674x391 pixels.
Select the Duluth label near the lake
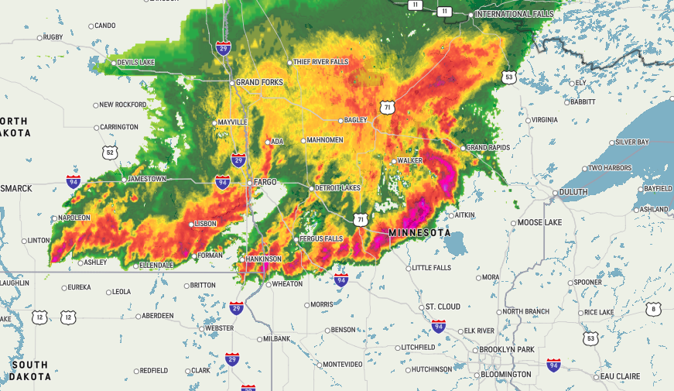[x=573, y=192]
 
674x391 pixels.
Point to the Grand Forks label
[x=259, y=83]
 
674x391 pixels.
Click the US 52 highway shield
[x=111, y=153]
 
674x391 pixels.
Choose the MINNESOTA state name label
[x=419, y=233]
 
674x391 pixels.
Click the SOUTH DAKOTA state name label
[x=29, y=371]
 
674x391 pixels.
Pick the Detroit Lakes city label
[x=338, y=189]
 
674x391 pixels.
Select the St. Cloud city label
[x=443, y=307]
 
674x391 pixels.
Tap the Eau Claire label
[x=620, y=377]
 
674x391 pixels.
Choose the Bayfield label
[x=657, y=189]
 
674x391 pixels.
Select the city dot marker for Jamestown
[x=123, y=180]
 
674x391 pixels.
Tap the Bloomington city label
[x=506, y=375]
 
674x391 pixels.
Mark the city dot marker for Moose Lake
[x=513, y=224]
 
